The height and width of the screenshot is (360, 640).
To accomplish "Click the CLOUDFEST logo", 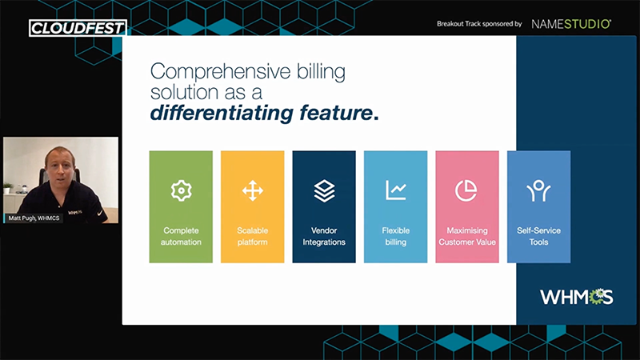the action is click(x=78, y=28).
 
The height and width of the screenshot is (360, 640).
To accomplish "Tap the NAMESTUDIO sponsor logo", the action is click(x=571, y=24).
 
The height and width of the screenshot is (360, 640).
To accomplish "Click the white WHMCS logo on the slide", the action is click(x=576, y=297).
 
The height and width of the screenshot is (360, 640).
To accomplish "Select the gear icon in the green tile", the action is click(x=181, y=190).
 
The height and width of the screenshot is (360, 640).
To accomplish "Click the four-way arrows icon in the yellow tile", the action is click(x=253, y=190).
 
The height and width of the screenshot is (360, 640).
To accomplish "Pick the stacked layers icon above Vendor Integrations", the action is click(x=324, y=190).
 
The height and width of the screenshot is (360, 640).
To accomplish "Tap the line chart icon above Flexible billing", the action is click(x=396, y=190).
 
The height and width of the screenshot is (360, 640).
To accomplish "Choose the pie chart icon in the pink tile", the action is click(x=466, y=190).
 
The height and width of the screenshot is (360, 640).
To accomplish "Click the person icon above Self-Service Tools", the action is click(x=538, y=190).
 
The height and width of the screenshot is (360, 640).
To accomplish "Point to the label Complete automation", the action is click(x=181, y=236).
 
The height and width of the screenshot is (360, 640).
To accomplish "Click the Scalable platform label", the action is click(x=253, y=236).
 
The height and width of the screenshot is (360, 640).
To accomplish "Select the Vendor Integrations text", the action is click(x=324, y=236).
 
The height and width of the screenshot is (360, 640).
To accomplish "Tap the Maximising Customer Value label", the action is click(x=467, y=236).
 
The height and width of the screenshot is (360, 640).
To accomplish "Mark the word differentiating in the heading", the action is click(x=222, y=113).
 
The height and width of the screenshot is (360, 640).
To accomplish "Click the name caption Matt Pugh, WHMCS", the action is click(x=34, y=218).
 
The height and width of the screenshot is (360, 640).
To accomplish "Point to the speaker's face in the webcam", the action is click(x=61, y=166).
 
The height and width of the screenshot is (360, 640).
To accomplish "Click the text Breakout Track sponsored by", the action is click(x=479, y=24).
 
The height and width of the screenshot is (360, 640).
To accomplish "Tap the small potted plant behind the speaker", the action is click(x=7, y=188).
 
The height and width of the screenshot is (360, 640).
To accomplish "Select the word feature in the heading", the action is click(x=336, y=113).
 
